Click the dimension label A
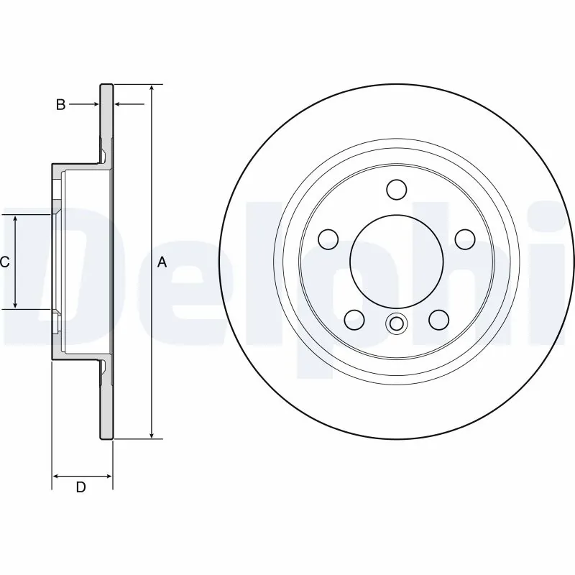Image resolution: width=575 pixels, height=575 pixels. tap(162, 262)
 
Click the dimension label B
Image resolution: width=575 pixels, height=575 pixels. tap(61, 105)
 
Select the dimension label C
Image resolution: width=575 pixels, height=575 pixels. tap(5, 262)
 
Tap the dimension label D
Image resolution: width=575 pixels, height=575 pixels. tap(81, 487)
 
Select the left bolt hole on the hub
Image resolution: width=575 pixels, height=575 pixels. tap(328, 238)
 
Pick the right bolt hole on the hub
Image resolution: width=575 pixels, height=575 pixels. tap(464, 238)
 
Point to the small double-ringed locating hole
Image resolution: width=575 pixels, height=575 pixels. tap(396, 324)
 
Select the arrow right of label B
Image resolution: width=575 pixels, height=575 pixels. tap(121, 105)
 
